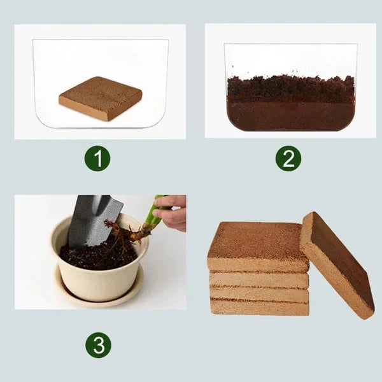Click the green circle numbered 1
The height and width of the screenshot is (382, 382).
click(97, 159)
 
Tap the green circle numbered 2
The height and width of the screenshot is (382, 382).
click(288, 159)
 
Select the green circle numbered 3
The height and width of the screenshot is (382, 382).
click(98, 345)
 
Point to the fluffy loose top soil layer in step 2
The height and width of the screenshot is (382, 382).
click(290, 88)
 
